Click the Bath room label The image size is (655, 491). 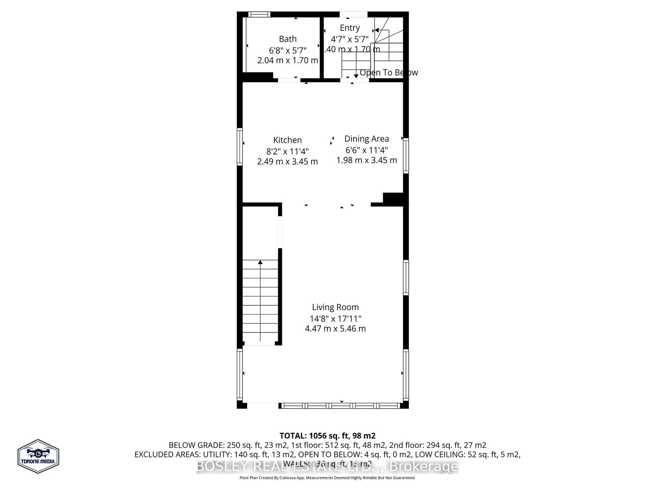coord(288,39)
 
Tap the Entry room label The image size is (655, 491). coord(350,28)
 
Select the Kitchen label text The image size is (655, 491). coord(287,140)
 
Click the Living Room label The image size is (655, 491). coord(335,307)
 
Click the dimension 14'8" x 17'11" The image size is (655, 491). coord(335,319)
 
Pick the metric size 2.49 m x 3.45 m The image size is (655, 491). coord(287,162)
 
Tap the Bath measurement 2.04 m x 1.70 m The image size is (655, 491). coord(288,60)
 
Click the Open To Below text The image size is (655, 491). coord(389,72)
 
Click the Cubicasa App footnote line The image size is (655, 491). coord(327,478)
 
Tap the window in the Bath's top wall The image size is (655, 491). coord(259,14)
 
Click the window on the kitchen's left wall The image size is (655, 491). coord(239,146)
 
